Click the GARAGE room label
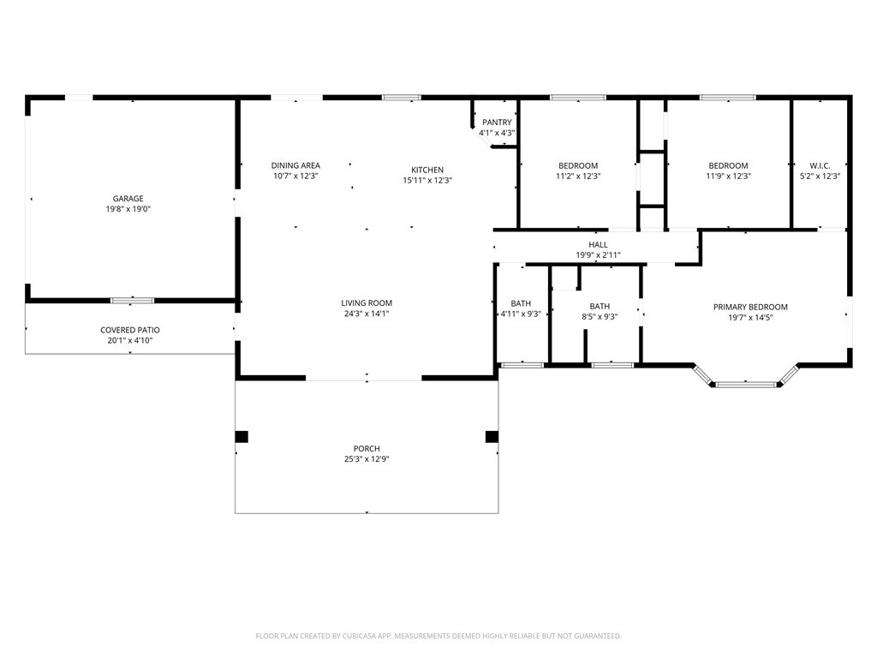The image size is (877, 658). click(x=128, y=199)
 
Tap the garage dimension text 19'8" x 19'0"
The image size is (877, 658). click(x=128, y=209)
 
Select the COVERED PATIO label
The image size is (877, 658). click(x=130, y=330)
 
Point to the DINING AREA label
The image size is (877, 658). click(x=295, y=165)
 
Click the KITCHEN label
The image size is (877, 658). click(x=427, y=170)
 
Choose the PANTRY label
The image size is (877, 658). click(x=497, y=123)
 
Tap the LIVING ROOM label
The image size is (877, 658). click(x=367, y=302)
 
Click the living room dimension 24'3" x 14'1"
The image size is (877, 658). click(x=367, y=314)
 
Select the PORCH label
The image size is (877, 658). click(x=367, y=448)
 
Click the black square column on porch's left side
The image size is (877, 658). click(x=242, y=437)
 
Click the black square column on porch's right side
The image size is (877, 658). click(x=492, y=437)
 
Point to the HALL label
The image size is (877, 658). click(x=598, y=244)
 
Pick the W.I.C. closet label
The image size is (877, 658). click(x=820, y=165)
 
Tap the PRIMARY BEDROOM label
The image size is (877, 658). click(x=750, y=307)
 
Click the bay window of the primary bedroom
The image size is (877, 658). click(x=745, y=384)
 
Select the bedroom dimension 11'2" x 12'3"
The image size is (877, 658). click(x=578, y=176)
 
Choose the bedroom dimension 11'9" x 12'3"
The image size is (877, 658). click(x=728, y=176)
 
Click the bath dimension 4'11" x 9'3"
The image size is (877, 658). click(x=521, y=314)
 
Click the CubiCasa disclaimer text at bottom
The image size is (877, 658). click(x=438, y=636)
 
